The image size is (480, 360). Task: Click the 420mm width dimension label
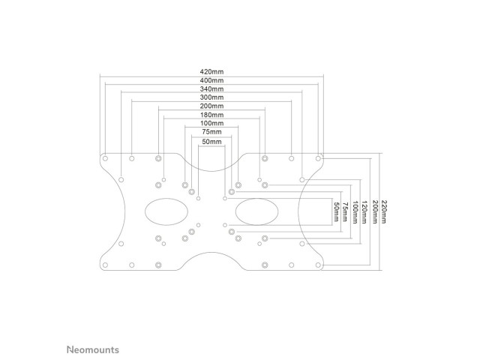(211, 72)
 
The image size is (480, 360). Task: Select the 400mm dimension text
(211, 80)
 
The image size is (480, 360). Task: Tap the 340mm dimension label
(211, 89)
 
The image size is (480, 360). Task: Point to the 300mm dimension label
(211, 97)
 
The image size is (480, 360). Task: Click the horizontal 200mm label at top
(211, 106)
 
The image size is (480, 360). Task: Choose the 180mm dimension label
(211, 115)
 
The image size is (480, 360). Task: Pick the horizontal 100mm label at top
(211, 123)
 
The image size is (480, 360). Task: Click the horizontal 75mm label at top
(211, 132)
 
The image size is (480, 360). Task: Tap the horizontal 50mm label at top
(211, 142)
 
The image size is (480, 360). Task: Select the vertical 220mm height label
(384, 211)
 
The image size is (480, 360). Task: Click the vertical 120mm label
(364, 211)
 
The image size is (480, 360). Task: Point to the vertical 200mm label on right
(375, 211)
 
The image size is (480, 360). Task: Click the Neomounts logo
(93, 349)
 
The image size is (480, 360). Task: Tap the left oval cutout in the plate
(166, 211)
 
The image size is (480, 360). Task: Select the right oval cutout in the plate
(256, 211)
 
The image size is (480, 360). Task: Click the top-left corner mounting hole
(105, 158)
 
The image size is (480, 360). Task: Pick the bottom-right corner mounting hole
(318, 265)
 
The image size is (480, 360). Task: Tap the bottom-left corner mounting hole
(105, 265)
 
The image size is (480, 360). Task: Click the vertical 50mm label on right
(336, 211)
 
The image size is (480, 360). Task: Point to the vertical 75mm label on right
(345, 211)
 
